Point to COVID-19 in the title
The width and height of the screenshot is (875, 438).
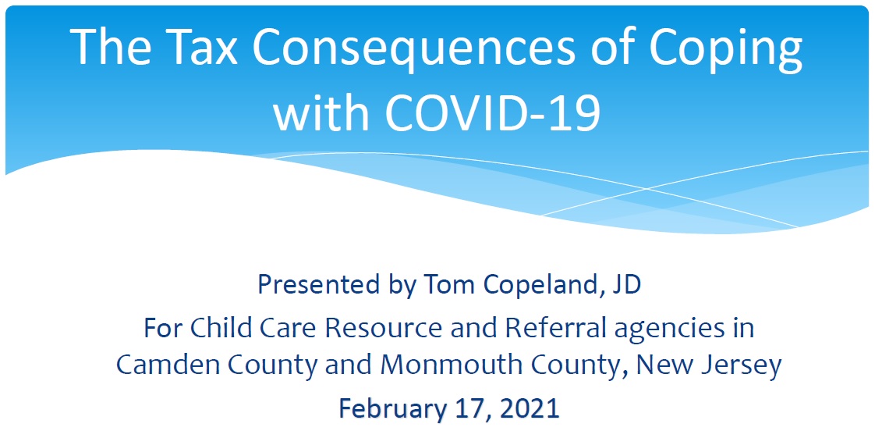coord(492,112)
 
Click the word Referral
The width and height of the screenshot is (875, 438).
coord(545,328)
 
